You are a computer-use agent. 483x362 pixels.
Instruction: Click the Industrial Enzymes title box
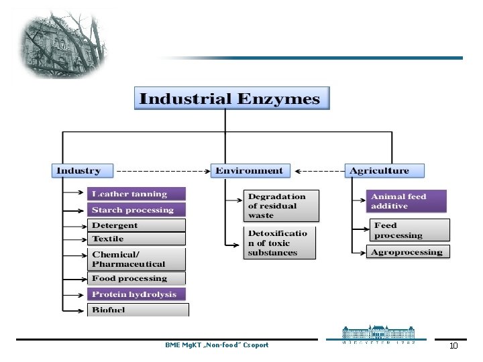[x=230, y=99]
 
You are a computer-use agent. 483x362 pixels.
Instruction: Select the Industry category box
[x=83, y=171]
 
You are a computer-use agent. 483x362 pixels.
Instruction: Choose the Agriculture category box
[x=385, y=171]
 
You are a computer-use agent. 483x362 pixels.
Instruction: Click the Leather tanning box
[x=136, y=194]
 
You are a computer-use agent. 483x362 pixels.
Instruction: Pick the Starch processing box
[x=136, y=210]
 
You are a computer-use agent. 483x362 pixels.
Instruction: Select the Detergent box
[x=136, y=226]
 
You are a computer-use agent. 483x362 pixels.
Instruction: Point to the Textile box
[x=136, y=239]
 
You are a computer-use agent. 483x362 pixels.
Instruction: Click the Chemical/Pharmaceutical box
[x=136, y=259]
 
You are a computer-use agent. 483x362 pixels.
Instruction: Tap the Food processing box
[x=136, y=278]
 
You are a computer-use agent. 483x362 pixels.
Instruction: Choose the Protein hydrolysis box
[x=136, y=294]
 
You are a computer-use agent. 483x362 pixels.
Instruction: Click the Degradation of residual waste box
[x=280, y=206]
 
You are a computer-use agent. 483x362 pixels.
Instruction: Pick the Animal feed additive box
[x=407, y=201]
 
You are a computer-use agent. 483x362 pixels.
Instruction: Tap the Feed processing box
[x=409, y=231]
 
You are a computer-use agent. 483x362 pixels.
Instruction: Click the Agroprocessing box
[x=409, y=252]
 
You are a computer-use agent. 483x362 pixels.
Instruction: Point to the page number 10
[x=453, y=346]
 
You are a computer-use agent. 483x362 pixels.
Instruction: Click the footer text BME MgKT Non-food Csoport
[x=217, y=345]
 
